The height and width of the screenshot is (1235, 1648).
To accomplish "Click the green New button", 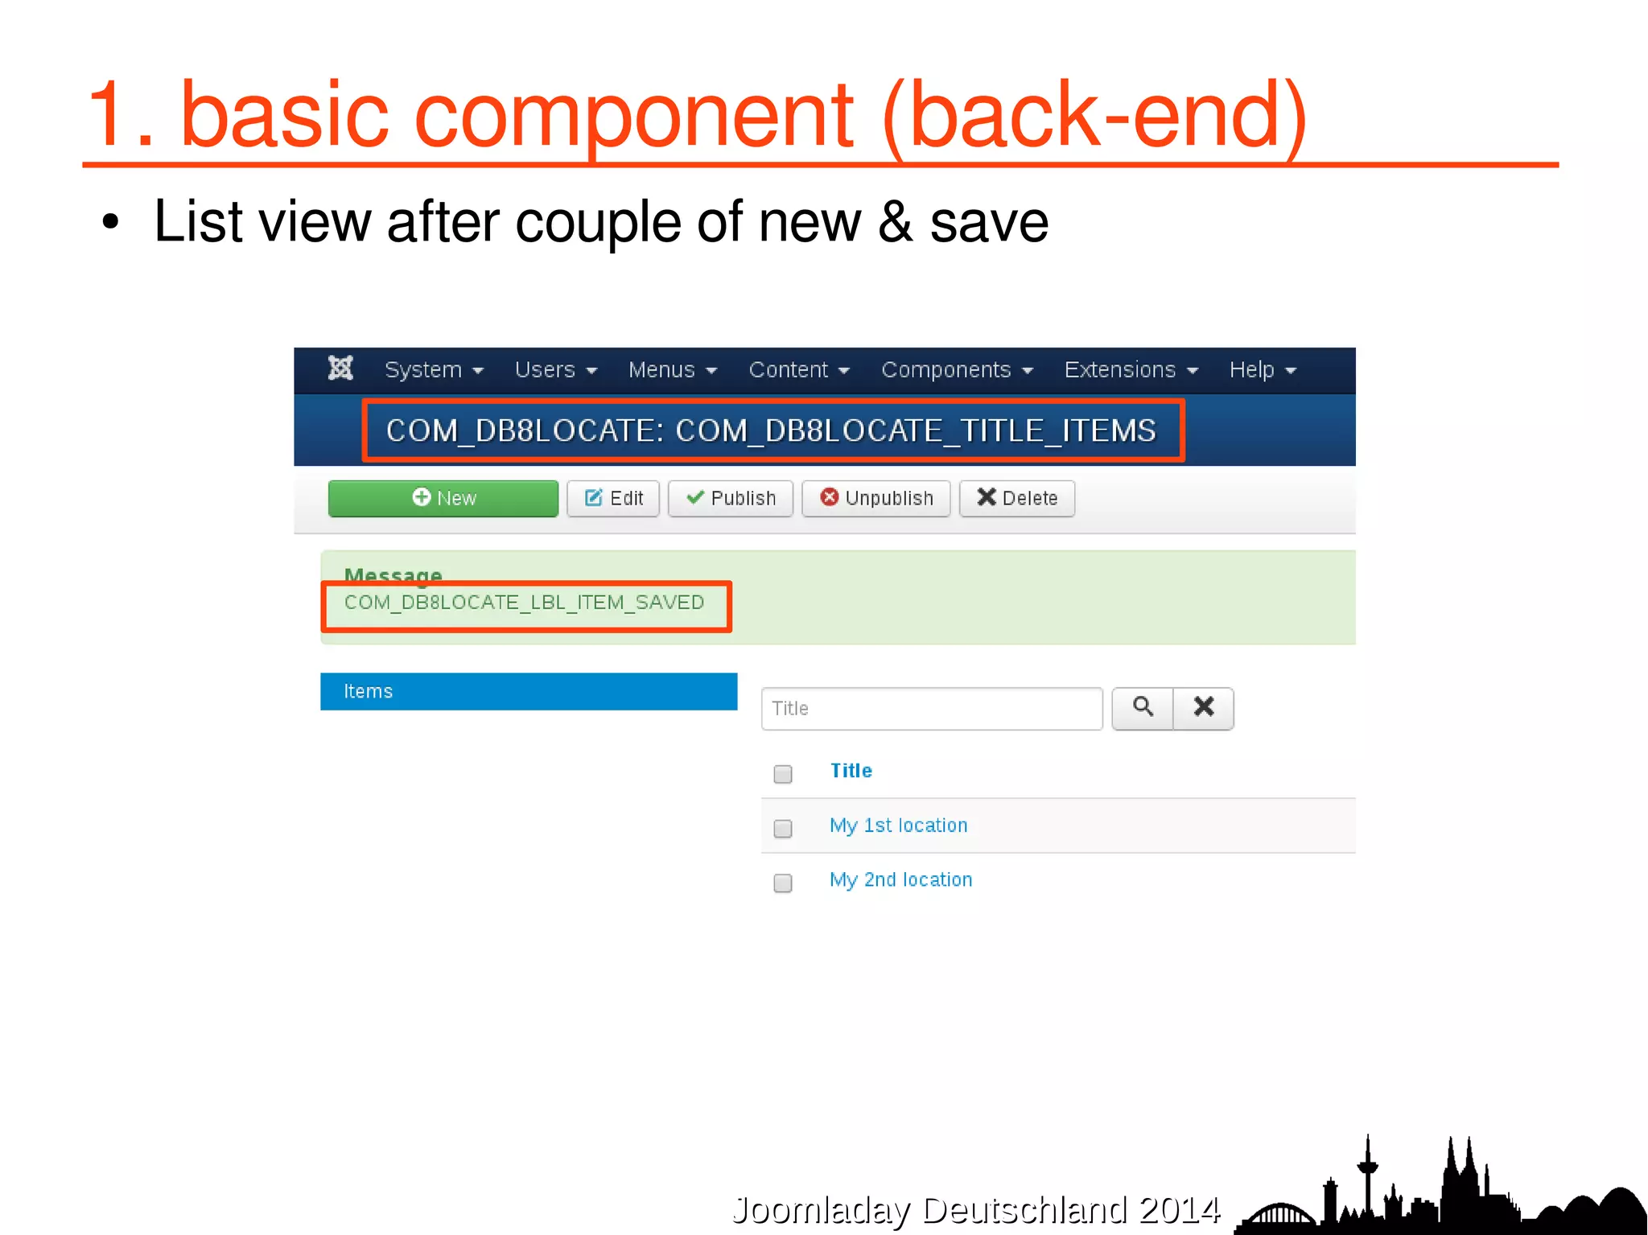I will (443, 498).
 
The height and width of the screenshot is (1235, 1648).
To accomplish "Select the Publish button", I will (730, 498).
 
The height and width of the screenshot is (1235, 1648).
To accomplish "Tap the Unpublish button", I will (875, 498).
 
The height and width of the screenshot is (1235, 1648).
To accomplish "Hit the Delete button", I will (1016, 498).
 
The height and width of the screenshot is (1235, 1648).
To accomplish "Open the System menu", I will (433, 370).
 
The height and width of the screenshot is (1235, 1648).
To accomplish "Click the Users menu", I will (555, 370).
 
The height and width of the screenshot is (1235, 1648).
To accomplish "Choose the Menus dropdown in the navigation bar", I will (672, 370).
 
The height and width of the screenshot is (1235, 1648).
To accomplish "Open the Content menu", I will (798, 370).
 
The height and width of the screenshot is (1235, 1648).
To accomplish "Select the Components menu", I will (956, 370).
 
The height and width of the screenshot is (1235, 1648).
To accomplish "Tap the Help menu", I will (1262, 370).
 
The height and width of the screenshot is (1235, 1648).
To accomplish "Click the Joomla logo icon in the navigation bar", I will (340, 368).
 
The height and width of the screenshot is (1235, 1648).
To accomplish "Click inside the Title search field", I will (931, 708).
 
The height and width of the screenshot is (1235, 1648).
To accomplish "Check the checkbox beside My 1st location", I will (782, 828).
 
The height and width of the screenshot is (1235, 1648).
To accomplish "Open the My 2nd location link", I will (900, 879).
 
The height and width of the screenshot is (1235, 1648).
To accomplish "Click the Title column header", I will (851, 771).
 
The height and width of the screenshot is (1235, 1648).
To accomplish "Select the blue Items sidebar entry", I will (528, 691).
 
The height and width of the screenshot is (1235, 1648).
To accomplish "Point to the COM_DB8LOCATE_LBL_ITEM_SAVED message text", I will (524, 603).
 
